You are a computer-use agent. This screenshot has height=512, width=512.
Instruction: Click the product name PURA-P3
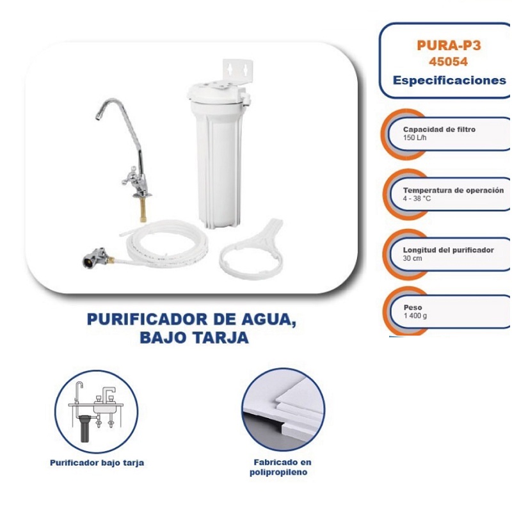tap(448, 45)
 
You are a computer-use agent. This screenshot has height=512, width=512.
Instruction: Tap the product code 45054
tap(448, 62)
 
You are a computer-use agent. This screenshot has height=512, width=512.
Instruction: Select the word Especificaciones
tap(449, 81)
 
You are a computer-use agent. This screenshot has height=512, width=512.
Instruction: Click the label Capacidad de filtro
tap(439, 129)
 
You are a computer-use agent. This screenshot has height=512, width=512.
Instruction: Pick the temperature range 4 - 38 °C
tap(417, 199)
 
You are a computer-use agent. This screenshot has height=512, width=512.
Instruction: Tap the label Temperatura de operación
tap(453, 190)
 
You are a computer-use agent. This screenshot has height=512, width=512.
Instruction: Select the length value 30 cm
tap(412, 259)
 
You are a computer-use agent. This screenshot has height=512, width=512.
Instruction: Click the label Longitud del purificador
tap(448, 250)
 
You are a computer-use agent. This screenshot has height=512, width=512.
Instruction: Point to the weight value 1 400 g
tap(415, 316)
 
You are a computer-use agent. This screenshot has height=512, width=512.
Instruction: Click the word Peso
tap(413, 307)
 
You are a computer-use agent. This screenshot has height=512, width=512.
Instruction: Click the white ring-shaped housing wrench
tap(246, 259)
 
